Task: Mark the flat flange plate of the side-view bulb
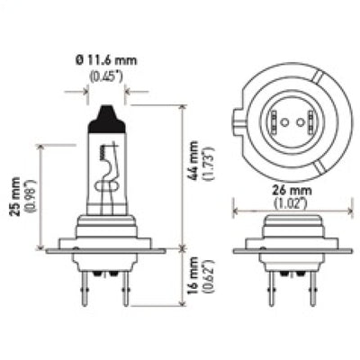108,246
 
